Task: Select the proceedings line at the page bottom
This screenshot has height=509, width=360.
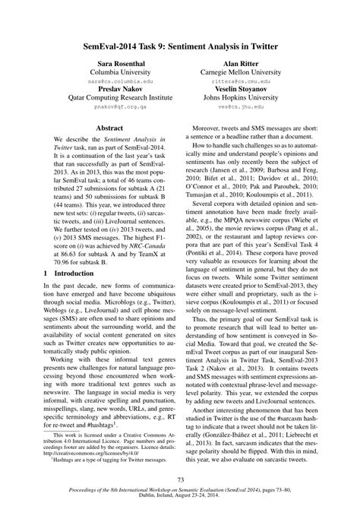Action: [x=180, y=492]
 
